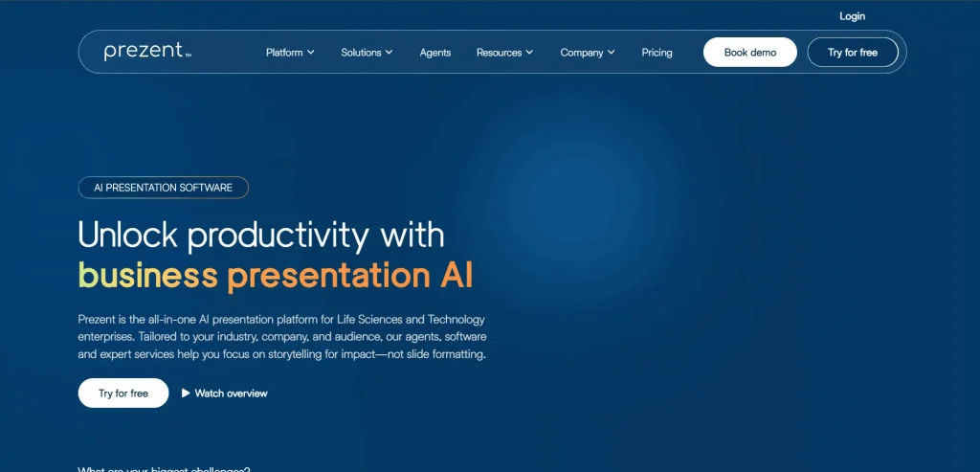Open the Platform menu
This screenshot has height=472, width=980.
[x=290, y=53]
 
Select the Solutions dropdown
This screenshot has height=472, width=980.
[x=367, y=53]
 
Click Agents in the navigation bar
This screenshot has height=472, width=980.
[x=435, y=53]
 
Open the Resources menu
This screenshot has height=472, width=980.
[x=504, y=53]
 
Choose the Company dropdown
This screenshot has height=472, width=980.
[x=588, y=53]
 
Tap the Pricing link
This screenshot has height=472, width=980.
[x=657, y=53]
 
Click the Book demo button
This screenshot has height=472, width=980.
[x=750, y=53]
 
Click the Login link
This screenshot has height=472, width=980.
[x=852, y=16]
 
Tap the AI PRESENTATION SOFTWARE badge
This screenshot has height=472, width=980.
[x=163, y=188]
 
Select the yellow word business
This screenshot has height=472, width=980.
[x=147, y=276]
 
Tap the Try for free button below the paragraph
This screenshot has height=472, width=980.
[x=123, y=393]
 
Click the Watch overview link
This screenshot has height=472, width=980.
[x=231, y=393]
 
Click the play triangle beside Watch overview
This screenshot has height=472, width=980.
[x=186, y=393]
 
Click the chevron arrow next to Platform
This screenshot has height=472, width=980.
[x=311, y=53]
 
